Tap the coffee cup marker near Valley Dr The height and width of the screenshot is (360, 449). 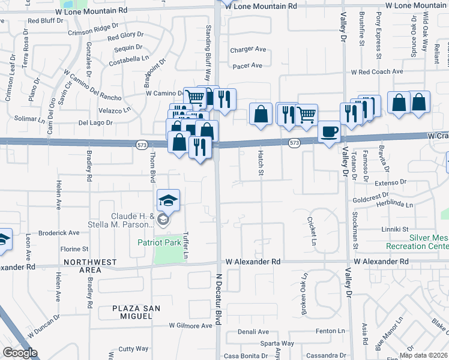click(328, 132)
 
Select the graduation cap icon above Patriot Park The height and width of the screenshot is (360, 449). click(169, 200)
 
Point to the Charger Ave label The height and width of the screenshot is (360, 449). click(249, 49)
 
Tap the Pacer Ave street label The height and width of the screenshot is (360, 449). click(247, 65)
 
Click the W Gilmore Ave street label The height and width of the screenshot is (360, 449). click(190, 326)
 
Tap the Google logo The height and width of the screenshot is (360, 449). click(20, 353)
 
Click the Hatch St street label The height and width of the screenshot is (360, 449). click(261, 160)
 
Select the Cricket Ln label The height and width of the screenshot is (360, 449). click(312, 232)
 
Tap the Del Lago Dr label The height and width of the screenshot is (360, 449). click(95, 122)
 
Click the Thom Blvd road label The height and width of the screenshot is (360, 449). click(152, 166)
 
